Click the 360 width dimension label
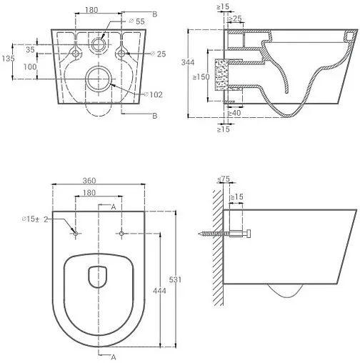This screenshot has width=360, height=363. coord(89,181)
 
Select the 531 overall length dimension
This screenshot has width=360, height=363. coord(175,279)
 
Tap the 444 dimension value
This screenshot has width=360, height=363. coord(159,291)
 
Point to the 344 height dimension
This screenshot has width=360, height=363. coord(188,62)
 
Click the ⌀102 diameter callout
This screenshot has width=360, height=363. coord(154,95)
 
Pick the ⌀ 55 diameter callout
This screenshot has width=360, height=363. coord(136,21)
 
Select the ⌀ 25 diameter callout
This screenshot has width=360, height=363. coord(159,54)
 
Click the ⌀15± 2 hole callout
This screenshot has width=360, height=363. coord(35,219)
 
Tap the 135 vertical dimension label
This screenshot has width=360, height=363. coord(8,59)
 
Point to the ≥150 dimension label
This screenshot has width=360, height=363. coord(201,77)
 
